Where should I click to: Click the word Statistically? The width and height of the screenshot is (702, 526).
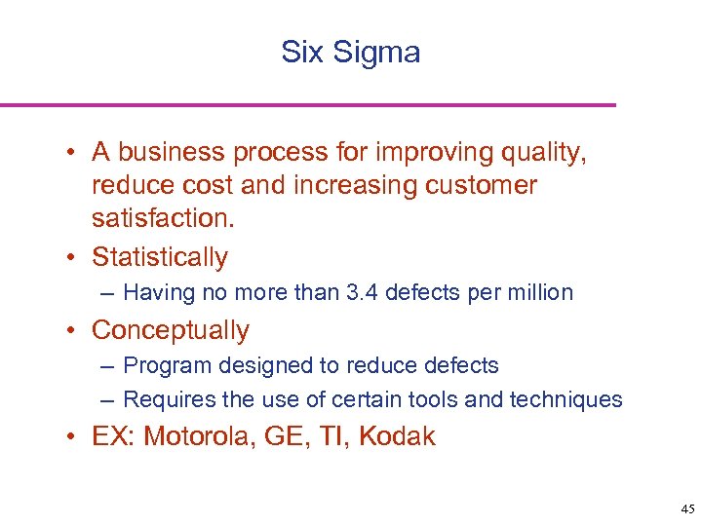tap(160, 257)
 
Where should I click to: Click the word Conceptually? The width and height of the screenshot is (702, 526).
tap(171, 330)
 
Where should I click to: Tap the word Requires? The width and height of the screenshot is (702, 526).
tap(169, 399)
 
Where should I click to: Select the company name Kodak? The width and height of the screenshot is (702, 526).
tap(397, 436)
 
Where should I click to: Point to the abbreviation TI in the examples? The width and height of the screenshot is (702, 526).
tap(331, 436)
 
